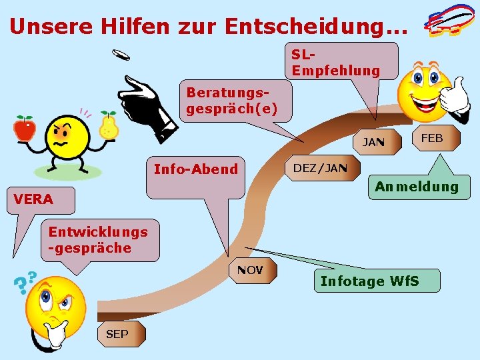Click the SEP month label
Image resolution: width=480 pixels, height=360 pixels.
117,334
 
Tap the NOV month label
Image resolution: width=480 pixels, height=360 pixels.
250,271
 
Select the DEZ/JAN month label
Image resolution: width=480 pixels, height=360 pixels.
321,168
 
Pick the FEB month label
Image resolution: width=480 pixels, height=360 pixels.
431,138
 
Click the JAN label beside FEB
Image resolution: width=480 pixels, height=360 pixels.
373,141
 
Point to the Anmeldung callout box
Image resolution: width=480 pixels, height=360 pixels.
417,187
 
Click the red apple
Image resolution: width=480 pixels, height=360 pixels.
25,128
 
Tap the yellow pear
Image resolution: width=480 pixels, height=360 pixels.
109,126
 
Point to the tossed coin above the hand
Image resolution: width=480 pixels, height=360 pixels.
121,55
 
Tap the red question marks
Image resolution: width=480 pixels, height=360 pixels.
25,283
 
